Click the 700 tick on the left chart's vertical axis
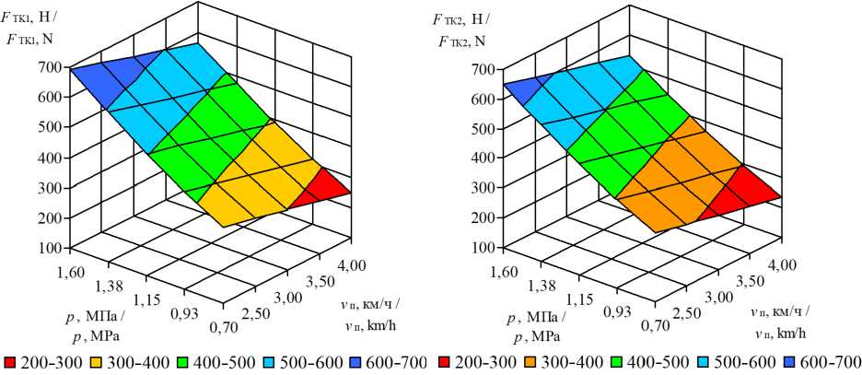click(51, 67)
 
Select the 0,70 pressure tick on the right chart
click(658, 324)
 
